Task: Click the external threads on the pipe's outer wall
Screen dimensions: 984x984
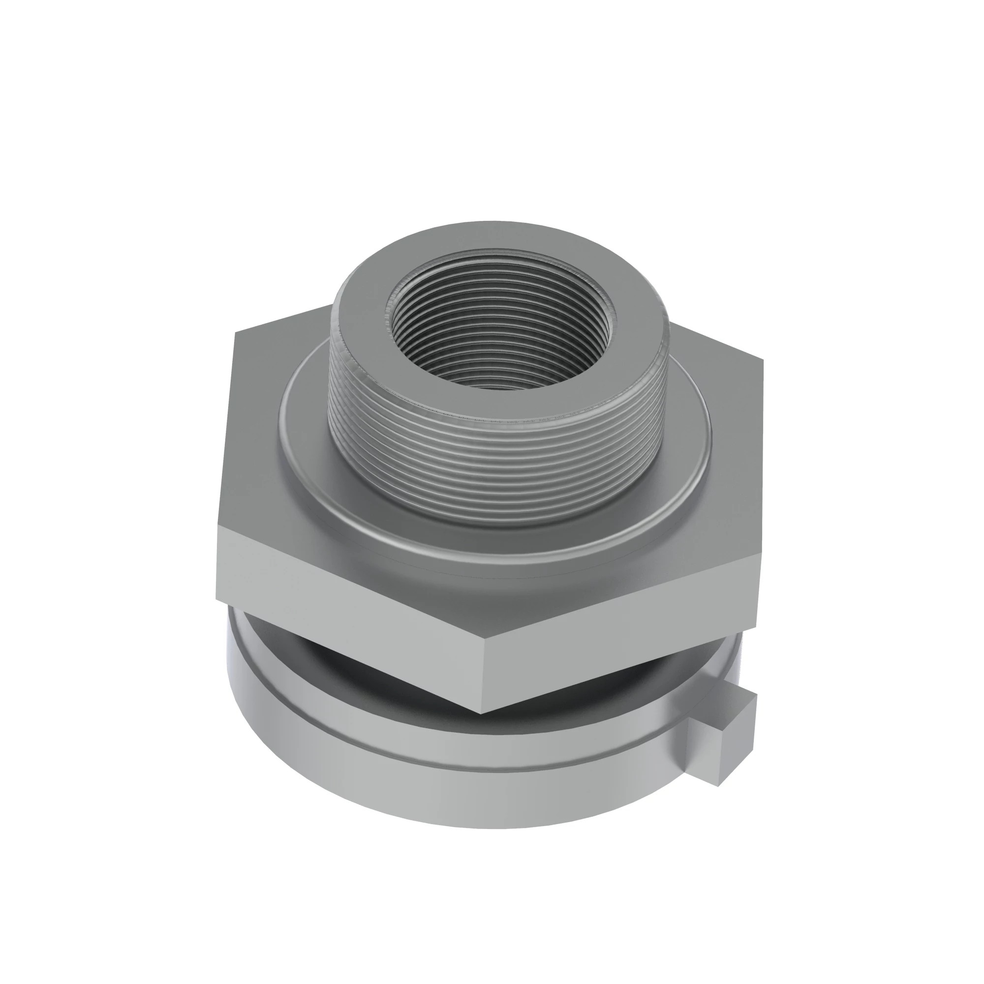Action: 496,448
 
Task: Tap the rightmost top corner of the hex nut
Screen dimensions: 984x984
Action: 763,361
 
